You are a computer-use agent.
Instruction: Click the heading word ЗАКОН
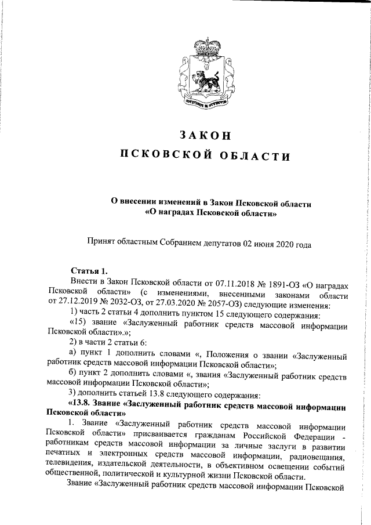point(205,135)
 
